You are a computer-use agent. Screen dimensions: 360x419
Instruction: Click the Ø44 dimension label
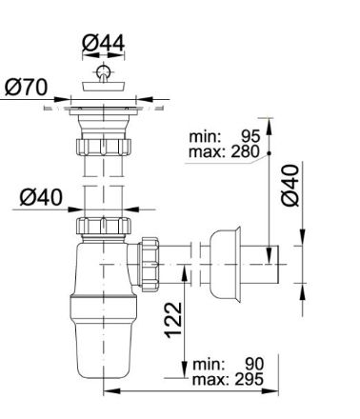point(103,43)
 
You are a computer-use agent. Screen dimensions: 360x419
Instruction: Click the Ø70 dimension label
point(27,87)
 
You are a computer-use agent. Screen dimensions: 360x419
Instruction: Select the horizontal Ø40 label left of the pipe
point(41,197)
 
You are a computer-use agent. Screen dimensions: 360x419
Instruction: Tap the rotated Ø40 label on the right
point(290,186)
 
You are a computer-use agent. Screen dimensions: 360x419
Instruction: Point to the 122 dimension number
point(173,320)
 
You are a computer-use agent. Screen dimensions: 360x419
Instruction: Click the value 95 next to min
point(250,136)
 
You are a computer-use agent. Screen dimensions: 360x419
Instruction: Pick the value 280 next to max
point(245,151)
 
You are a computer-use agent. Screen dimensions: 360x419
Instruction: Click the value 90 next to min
point(254,364)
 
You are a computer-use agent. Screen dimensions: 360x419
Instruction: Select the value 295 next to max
point(249,379)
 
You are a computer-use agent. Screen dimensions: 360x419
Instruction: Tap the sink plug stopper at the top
point(104,86)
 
